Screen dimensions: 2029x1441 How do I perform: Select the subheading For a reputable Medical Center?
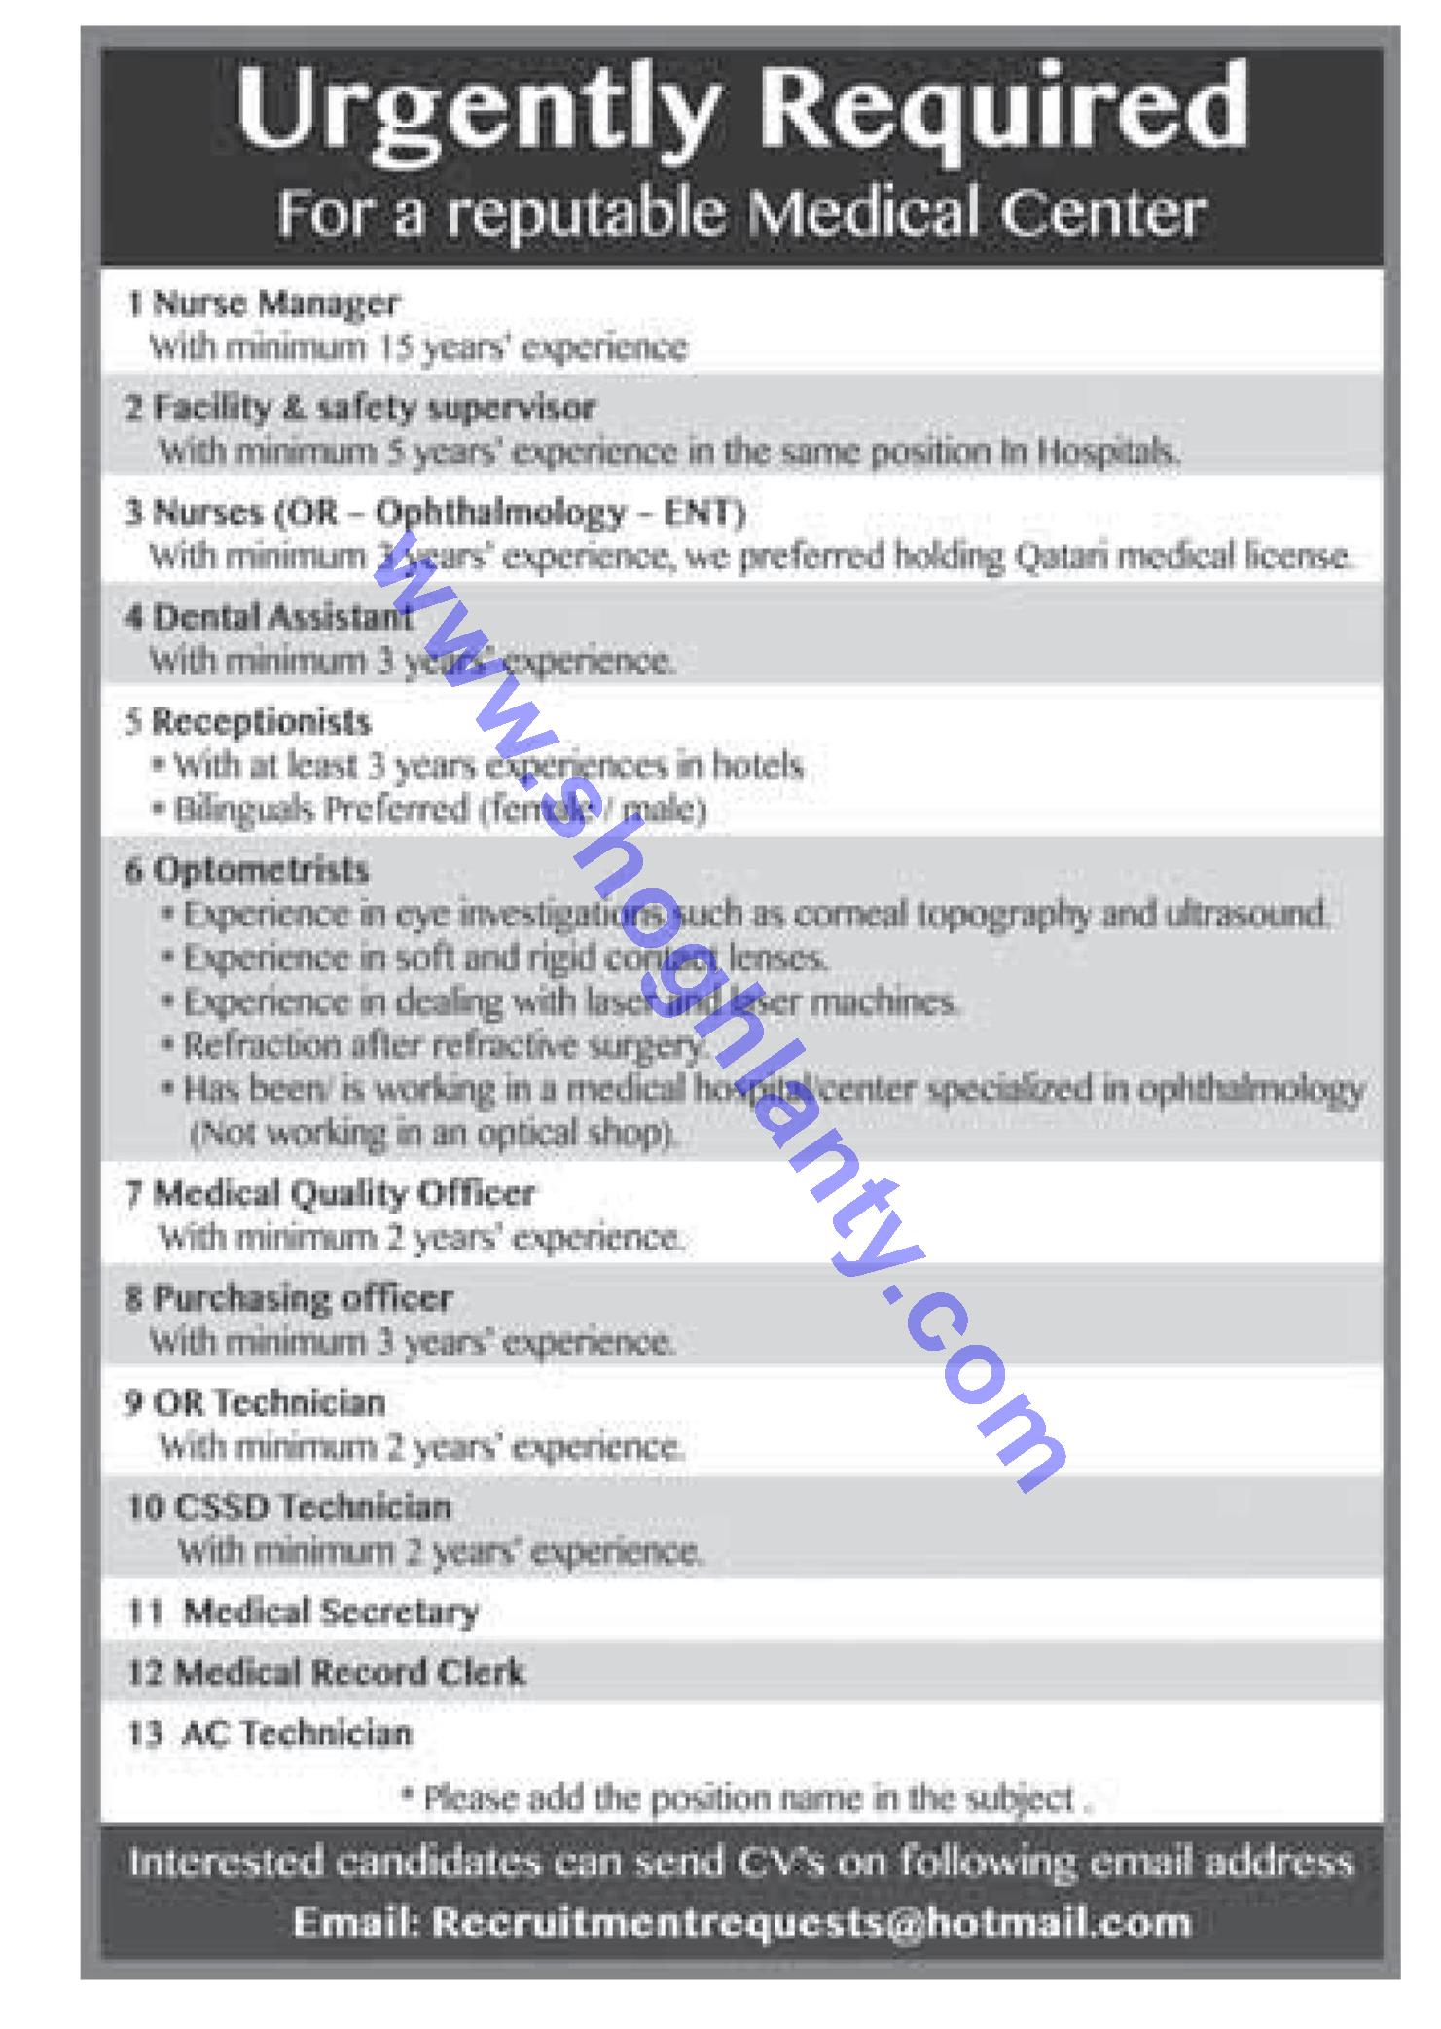(x=740, y=213)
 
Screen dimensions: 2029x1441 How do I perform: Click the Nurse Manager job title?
(x=275, y=304)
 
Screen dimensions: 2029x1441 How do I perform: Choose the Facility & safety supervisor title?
(x=374, y=408)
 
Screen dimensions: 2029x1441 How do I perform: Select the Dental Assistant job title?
(x=282, y=617)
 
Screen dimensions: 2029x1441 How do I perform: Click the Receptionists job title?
(x=261, y=722)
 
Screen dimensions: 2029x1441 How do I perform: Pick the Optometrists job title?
(x=261, y=869)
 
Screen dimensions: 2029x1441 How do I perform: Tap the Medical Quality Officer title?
(x=343, y=1194)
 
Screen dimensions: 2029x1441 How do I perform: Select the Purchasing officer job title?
(x=303, y=1298)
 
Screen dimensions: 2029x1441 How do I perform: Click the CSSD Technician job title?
(x=312, y=1507)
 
